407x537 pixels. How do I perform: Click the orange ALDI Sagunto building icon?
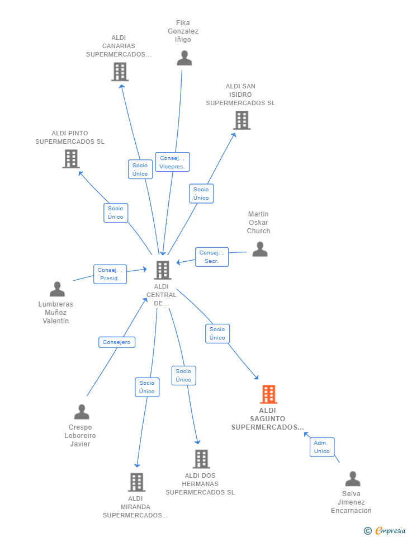click(x=269, y=394)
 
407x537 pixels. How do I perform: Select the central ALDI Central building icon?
click(x=163, y=270)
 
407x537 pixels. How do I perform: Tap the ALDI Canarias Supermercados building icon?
click(x=120, y=72)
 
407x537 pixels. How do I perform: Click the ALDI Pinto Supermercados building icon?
click(x=71, y=159)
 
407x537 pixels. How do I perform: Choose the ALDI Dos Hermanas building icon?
click(x=201, y=459)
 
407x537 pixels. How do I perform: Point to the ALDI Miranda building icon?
click(x=136, y=482)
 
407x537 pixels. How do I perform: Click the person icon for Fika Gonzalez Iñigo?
click(x=184, y=58)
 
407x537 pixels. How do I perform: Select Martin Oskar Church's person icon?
click(x=260, y=249)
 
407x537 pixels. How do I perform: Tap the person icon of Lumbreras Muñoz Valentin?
click(x=57, y=289)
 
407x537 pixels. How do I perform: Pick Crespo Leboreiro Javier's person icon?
click(x=82, y=412)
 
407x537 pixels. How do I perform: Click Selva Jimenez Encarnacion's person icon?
click(x=353, y=478)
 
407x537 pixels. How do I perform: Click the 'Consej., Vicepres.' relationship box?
click(x=173, y=162)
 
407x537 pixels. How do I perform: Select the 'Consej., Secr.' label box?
click(x=212, y=257)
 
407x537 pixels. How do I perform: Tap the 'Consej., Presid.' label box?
click(x=110, y=274)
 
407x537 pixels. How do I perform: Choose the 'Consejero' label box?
click(x=117, y=342)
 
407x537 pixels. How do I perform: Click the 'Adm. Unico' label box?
click(x=322, y=447)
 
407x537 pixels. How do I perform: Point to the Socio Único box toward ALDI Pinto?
click(x=116, y=213)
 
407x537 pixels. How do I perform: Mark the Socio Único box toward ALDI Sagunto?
click(x=217, y=333)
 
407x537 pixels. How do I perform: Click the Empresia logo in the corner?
click(x=385, y=530)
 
